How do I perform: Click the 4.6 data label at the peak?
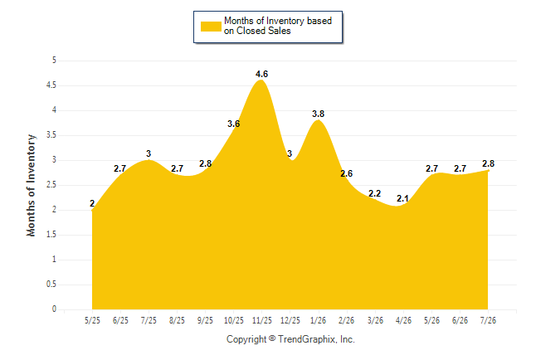pyautogui.click(x=261, y=74)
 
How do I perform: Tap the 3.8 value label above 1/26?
pyautogui.click(x=318, y=114)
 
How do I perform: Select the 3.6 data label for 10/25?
pyautogui.click(x=233, y=124)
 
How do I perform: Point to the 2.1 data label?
pyautogui.click(x=402, y=198)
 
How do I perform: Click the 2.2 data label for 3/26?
pyautogui.click(x=374, y=193)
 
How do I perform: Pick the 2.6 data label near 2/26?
pyautogui.click(x=346, y=173)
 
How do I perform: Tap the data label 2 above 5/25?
pyautogui.click(x=92, y=203)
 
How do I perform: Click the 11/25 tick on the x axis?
pyautogui.click(x=262, y=320)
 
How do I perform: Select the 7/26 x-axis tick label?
pyautogui.click(x=488, y=320)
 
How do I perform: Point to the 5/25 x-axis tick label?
pyautogui.click(x=92, y=320)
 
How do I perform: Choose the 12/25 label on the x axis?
pyautogui.click(x=290, y=320)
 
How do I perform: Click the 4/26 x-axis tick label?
pyautogui.click(x=403, y=320)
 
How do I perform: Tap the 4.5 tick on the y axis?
pyautogui.click(x=51, y=85)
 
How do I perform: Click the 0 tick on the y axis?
pyautogui.click(x=54, y=309)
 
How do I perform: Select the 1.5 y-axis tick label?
pyautogui.click(x=51, y=235)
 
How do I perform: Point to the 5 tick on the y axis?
pyautogui.click(x=54, y=61)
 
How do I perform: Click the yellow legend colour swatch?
pyautogui.click(x=211, y=27)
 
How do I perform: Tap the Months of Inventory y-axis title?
pyautogui.click(x=31, y=185)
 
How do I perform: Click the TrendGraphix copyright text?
pyautogui.click(x=290, y=339)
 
